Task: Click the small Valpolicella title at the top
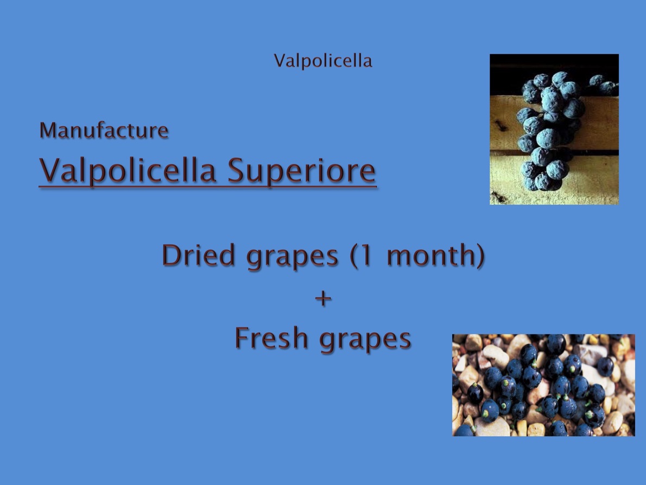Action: (323, 61)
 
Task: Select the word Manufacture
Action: (104, 130)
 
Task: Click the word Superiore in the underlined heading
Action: (301, 171)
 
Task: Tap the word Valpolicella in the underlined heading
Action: (128, 171)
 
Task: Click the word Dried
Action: (199, 255)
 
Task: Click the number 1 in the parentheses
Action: (366, 255)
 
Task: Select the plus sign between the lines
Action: (324, 298)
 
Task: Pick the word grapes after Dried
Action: (292, 257)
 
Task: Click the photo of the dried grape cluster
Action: (554, 129)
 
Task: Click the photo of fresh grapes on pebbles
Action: (543, 385)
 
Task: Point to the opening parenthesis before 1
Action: (353, 256)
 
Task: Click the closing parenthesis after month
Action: (480, 256)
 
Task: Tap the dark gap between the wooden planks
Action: (554, 153)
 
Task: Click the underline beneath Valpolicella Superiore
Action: (207, 187)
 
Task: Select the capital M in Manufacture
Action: (49, 130)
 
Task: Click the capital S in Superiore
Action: (237, 170)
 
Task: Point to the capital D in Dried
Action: (172, 255)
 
